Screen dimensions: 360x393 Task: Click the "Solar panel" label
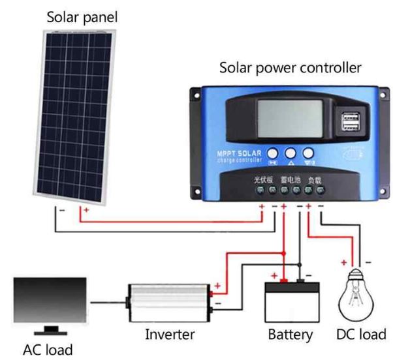82,17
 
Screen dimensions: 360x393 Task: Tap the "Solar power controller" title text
290,67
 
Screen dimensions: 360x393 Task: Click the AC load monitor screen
50,299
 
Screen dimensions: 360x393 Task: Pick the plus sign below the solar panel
86,212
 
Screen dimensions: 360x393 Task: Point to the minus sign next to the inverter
217,303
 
